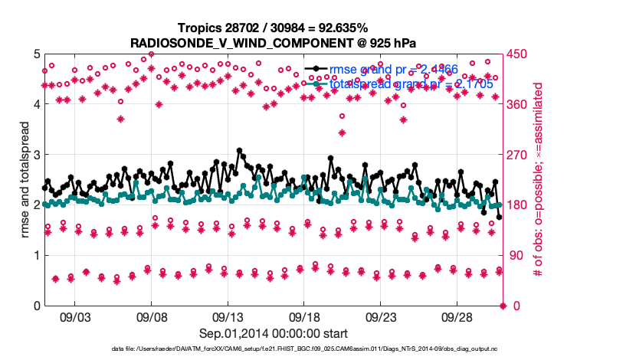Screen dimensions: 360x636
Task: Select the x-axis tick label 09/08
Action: (152, 317)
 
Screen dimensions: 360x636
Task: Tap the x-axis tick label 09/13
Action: (228, 317)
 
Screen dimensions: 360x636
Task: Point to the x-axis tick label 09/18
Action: (305, 317)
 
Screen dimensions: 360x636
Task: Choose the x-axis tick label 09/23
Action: (382, 317)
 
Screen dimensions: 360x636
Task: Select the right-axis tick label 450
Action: (518, 54)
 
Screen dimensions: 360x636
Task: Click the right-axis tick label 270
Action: (518, 155)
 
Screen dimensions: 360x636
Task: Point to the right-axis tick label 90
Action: (516, 256)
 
